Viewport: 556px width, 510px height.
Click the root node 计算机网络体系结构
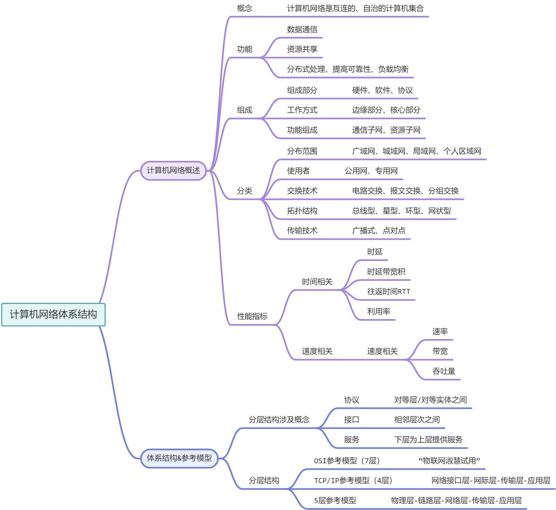[53, 314]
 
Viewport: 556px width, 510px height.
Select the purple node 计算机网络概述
[173, 170]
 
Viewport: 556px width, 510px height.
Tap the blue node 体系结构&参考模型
[179, 458]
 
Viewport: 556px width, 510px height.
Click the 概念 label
[244, 8]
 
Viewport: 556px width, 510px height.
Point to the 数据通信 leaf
[302, 29]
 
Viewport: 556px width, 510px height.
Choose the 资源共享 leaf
[302, 49]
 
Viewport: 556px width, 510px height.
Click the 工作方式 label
[302, 110]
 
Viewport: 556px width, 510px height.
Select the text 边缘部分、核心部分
[386, 110]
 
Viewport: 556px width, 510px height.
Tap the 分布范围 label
[302, 151]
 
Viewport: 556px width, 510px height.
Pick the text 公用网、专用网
[371, 171]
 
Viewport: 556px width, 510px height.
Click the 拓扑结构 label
[302, 211]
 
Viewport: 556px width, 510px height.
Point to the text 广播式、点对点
[379, 230]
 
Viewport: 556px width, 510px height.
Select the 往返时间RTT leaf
[388, 292]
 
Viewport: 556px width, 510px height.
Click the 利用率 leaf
[378, 311]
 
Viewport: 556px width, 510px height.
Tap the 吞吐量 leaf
[444, 371]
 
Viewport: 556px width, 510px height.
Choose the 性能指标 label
[252, 316]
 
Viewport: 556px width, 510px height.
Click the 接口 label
[351, 419]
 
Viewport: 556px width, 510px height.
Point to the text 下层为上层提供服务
[428, 439]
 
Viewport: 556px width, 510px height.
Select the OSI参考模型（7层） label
[347, 461]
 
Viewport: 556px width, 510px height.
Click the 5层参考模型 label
[335, 500]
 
